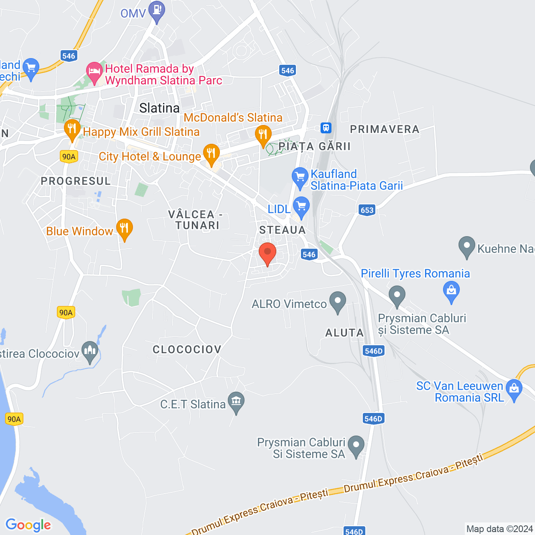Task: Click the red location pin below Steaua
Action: [x=267, y=253]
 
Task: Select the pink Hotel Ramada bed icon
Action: [x=94, y=72]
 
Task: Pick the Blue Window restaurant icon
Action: [x=124, y=228]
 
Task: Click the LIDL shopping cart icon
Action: [x=301, y=206]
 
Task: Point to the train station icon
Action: [x=326, y=127]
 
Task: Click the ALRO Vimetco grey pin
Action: [x=338, y=301]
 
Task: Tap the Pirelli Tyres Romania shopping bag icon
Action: [x=451, y=290]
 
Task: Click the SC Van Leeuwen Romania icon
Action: [x=514, y=389]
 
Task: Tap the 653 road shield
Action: [x=367, y=210]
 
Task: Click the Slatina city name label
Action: [x=159, y=108]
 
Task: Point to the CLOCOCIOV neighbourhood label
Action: [x=187, y=349]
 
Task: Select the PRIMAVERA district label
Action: [x=385, y=129]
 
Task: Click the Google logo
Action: [x=28, y=525]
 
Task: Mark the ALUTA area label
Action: [x=344, y=333]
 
